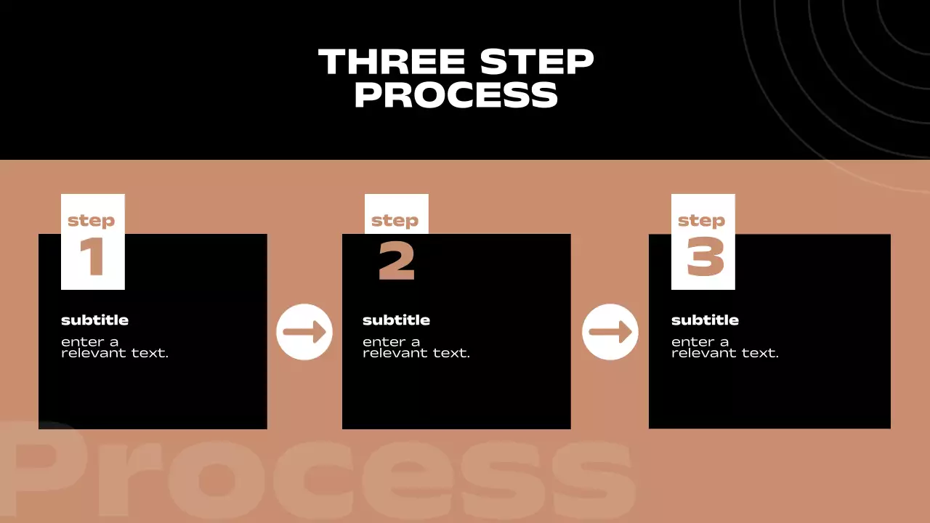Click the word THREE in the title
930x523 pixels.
pyautogui.click(x=392, y=62)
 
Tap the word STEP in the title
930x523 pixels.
pyautogui.click(x=537, y=62)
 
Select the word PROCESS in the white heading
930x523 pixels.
pyautogui.click(x=456, y=94)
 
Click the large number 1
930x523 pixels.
pyautogui.click(x=92, y=256)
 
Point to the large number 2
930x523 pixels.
pyautogui.click(x=397, y=261)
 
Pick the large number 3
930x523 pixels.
pyautogui.click(x=705, y=256)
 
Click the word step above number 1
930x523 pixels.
pyautogui.click(x=92, y=221)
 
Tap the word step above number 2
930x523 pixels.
pyautogui.click(x=395, y=221)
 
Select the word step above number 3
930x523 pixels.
pyautogui.click(x=702, y=221)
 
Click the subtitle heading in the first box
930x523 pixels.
pyautogui.click(x=94, y=320)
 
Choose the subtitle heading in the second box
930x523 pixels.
pyautogui.click(x=396, y=320)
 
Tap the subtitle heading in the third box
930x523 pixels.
pyautogui.click(x=705, y=320)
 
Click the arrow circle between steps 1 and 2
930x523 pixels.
pyautogui.click(x=304, y=332)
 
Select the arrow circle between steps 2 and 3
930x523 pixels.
pyautogui.click(x=610, y=332)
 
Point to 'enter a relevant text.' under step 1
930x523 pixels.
pyautogui.click(x=115, y=347)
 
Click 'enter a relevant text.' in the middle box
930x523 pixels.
pyautogui.click(x=416, y=347)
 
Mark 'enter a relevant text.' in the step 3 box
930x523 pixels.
pyautogui.click(x=725, y=347)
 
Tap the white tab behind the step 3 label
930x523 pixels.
pyautogui.click(x=703, y=242)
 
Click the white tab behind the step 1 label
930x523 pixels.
pyautogui.click(x=92, y=242)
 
